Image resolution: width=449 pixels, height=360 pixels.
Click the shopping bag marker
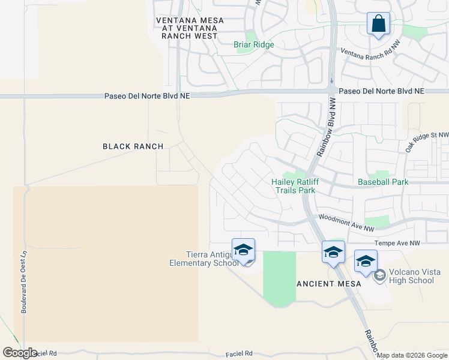378,25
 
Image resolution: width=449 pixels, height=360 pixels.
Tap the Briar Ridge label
253,45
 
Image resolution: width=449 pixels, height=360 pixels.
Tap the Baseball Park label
383,181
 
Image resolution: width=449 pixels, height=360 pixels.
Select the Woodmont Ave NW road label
346,223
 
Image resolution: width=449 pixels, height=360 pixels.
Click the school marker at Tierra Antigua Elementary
243,251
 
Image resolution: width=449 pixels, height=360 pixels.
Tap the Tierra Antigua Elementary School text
198,259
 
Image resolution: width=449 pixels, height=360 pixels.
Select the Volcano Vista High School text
411,276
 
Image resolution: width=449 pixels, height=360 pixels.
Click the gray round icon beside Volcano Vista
379,275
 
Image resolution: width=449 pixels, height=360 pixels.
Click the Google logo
20,353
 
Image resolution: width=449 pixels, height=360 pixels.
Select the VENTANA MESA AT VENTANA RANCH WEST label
190,28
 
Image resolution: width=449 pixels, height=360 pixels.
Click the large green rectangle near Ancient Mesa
279,276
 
